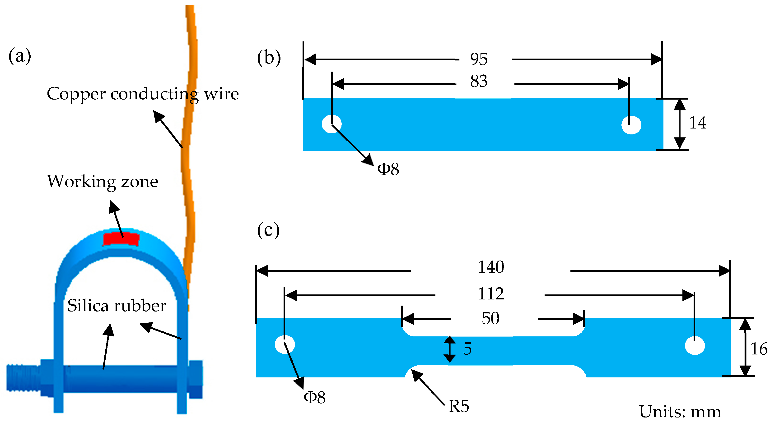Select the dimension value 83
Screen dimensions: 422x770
[479, 81]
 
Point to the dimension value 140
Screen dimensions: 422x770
[491, 267]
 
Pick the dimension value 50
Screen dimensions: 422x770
[490, 319]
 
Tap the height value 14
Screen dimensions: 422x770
[698, 123]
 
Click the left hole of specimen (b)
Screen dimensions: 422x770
[331, 124]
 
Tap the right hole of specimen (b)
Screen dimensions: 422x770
[631, 125]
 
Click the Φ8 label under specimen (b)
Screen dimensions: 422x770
[388, 169]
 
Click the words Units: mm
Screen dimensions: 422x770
[680, 412]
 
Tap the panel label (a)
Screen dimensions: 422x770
[20, 56]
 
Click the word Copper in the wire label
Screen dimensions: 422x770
[76, 94]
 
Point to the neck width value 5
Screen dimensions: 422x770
[467, 349]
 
